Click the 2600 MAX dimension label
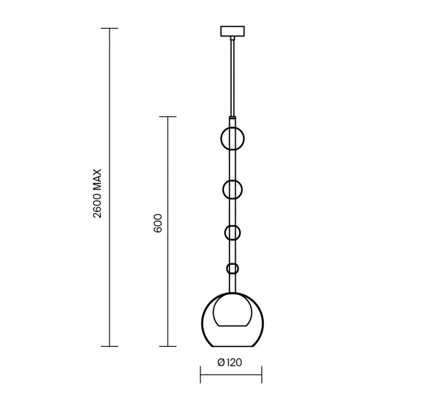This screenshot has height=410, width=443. [97, 193]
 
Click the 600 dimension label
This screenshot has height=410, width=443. [158, 223]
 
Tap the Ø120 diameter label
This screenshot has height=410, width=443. [230, 362]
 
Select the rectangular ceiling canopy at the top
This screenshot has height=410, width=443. [232, 31]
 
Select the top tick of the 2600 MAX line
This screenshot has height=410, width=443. [109, 28]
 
